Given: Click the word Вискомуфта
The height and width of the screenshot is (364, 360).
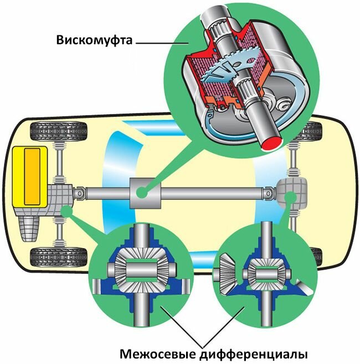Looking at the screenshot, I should (94, 40).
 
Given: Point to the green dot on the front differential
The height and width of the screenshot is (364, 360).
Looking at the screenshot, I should (66, 209).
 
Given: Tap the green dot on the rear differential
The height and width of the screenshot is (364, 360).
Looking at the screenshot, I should (289, 196).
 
